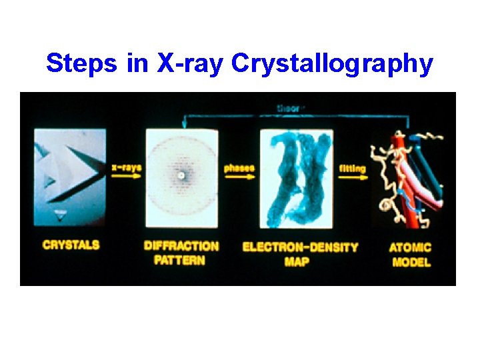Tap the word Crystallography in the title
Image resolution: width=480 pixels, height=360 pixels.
coord(332,64)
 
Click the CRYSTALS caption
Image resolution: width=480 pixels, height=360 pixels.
coord(71,245)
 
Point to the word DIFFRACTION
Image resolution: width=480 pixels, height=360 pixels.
coord(181,245)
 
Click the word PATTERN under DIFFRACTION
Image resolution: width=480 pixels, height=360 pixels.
coord(180,260)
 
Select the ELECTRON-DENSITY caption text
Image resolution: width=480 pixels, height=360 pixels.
coord(300,247)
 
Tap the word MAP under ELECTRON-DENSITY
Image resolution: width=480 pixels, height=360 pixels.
coord(297,262)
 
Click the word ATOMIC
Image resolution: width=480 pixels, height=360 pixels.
coord(410,247)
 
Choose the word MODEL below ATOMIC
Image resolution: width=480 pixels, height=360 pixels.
coord(411,262)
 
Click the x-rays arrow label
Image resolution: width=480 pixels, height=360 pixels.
coord(127,167)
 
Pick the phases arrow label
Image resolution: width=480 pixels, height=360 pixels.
coord(239,168)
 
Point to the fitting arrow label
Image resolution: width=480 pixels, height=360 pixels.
coord(352,169)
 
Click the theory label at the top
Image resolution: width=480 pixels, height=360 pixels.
coord(291,108)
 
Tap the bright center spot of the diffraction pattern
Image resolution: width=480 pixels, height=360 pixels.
coord(181,176)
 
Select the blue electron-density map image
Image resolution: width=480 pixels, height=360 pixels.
coord(297,178)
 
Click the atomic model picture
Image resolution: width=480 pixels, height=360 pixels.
coord(410,177)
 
